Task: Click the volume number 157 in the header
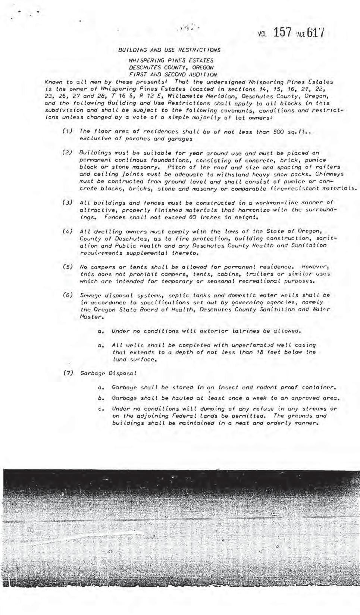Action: click(282, 33)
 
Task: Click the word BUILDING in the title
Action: click(131, 50)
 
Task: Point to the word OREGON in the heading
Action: click(203, 68)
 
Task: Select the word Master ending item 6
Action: click(91, 317)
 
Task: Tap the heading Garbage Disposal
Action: click(108, 373)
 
